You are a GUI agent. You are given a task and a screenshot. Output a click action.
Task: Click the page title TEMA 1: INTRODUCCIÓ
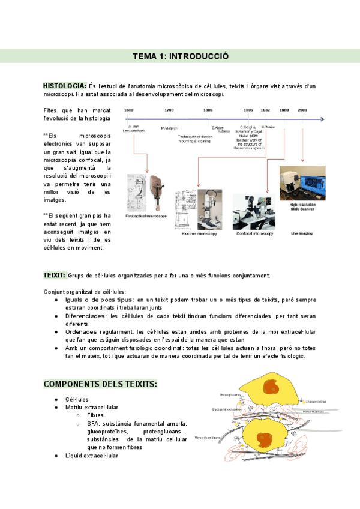180,56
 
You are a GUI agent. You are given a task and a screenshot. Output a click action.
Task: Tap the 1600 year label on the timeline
128,110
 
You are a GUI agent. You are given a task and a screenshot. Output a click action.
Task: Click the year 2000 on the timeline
302,110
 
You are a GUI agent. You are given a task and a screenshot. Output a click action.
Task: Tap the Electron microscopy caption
200,234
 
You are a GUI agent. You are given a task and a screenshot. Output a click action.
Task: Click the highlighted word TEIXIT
55,274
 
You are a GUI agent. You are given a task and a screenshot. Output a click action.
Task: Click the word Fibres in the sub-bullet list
95,415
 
